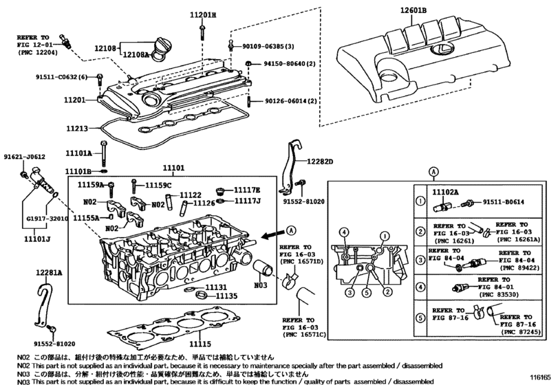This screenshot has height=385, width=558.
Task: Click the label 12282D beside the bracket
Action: [319, 162]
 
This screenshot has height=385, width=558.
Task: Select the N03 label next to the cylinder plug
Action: [259, 284]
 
